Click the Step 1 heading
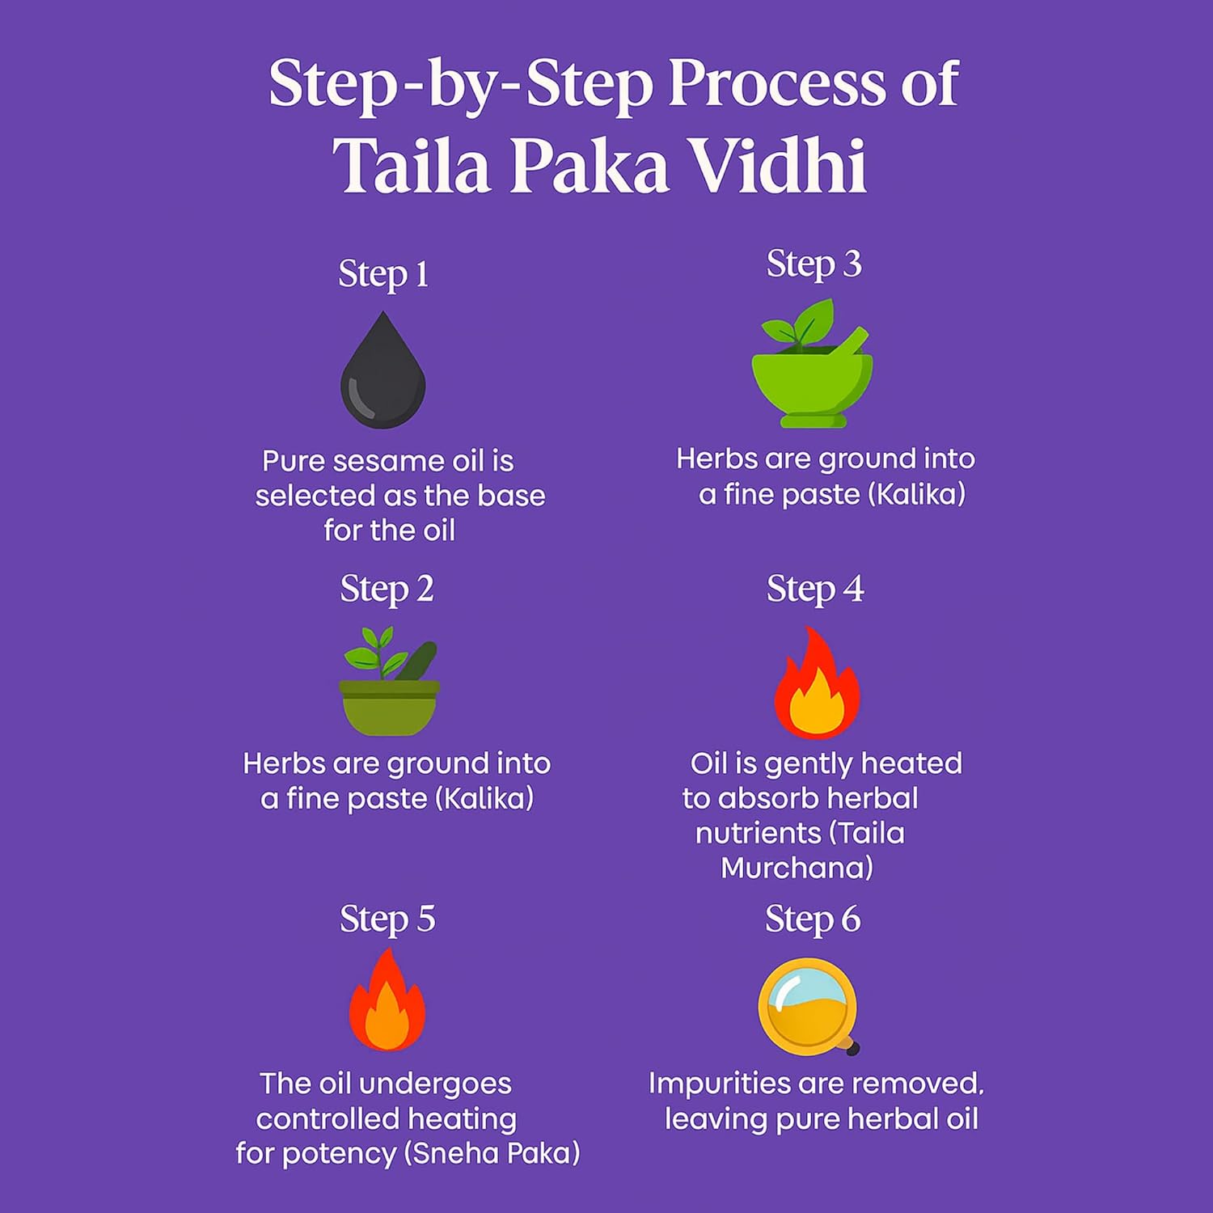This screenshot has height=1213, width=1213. (383, 274)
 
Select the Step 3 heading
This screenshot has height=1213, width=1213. (814, 264)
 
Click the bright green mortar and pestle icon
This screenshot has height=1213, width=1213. (813, 380)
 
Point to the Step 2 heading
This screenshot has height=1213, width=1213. (387, 589)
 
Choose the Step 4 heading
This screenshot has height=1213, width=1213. (814, 589)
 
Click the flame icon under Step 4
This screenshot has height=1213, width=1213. (817, 686)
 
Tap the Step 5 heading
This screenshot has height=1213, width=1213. (387, 919)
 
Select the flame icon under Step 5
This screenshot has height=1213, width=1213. (387, 1003)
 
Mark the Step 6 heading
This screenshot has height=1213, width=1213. (813, 919)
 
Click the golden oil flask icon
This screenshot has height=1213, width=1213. (808, 1007)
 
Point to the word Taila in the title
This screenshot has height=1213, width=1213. (412, 166)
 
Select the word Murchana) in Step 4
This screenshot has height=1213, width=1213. (797, 869)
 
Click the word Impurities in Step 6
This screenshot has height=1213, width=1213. (714, 1084)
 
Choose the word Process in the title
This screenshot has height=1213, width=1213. (777, 83)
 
